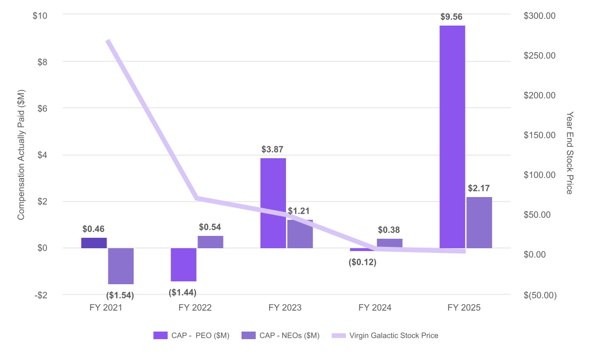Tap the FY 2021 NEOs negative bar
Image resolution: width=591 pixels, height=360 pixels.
click(x=121, y=266)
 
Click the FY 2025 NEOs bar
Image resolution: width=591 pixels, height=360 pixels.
click(x=479, y=222)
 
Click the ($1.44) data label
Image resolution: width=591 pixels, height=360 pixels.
click(x=183, y=292)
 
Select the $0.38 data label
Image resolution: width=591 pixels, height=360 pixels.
click(x=389, y=230)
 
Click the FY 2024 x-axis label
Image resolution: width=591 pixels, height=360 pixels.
click(x=375, y=308)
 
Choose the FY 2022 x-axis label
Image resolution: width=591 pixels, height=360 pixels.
click(x=195, y=308)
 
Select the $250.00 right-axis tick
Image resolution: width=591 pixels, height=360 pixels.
click(x=540, y=55)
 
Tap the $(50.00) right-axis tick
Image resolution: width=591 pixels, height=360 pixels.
click(x=540, y=295)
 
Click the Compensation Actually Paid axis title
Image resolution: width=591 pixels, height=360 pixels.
click(x=21, y=154)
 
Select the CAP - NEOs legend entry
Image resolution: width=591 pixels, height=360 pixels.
click(x=289, y=335)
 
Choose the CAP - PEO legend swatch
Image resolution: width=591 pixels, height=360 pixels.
click(x=161, y=335)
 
